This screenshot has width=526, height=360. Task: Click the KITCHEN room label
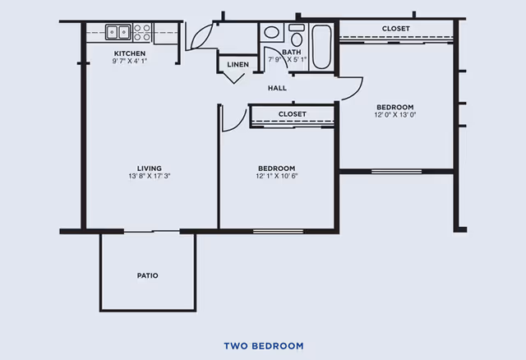pos(130,53)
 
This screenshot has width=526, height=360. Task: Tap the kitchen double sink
pos(118,32)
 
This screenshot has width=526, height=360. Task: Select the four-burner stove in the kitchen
pos(142,32)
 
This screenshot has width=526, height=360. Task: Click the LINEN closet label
pos(238,64)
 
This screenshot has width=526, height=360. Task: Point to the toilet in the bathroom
pos(297,35)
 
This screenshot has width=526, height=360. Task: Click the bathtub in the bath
pos(321,47)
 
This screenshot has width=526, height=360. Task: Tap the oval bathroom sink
pos(271,32)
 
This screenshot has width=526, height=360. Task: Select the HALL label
pos(277,88)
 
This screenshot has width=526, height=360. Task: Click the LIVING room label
pos(150,168)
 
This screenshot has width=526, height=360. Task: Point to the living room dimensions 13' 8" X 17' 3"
pos(150,176)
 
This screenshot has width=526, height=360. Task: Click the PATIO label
pos(148,275)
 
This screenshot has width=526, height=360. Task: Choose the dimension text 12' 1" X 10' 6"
pos(277,176)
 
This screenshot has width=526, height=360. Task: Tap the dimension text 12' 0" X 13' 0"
pos(395,115)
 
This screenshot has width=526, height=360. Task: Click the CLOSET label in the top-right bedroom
pos(396,29)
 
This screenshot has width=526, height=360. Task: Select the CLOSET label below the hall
pos(293,114)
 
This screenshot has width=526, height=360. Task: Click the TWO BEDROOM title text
pos(264,346)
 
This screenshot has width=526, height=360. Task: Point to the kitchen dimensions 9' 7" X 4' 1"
pos(130,61)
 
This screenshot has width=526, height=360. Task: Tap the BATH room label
pos(292,52)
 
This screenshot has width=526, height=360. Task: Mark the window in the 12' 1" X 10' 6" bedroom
pos(278,231)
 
